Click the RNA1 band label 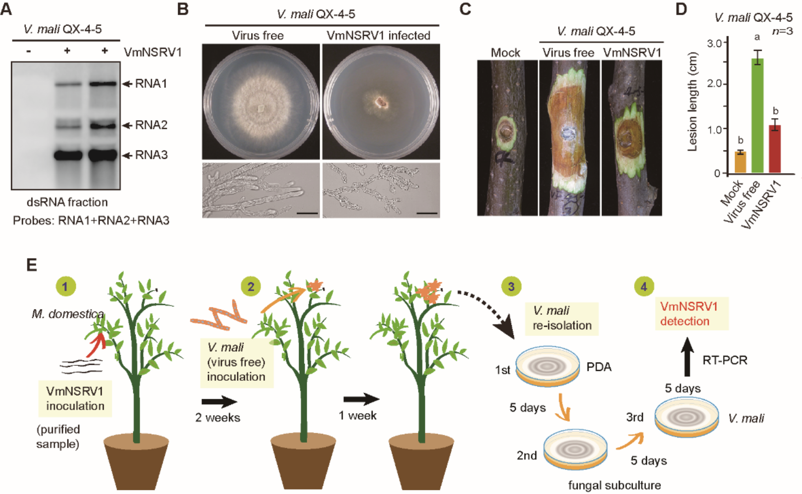click(151, 83)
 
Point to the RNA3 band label click(151, 155)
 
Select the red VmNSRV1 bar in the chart click(775, 149)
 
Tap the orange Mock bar click(740, 162)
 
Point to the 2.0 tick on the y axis click(714, 84)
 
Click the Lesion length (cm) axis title click(692, 102)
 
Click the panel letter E click(31, 264)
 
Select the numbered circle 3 click(511, 286)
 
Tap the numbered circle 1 click(65, 286)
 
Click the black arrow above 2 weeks click(219, 402)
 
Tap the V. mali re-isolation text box click(562, 318)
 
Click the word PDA click(599, 367)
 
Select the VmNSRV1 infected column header click(378, 35)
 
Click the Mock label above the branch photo click(505, 52)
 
